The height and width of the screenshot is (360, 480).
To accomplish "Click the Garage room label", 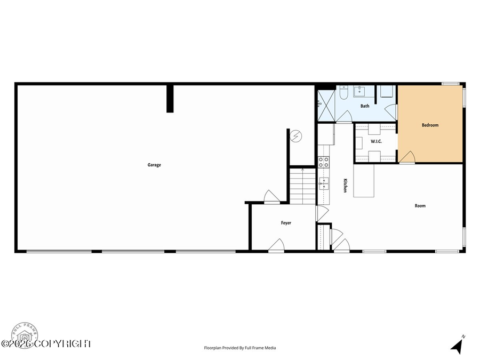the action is [x=154, y=165].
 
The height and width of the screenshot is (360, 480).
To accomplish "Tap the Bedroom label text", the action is [x=430, y=125].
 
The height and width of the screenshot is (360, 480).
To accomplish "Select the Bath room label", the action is [x=365, y=106].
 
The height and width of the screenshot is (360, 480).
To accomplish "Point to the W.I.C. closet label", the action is [x=376, y=141].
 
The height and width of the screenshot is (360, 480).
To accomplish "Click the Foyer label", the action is [x=286, y=223].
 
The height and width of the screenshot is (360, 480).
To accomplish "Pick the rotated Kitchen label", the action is [x=345, y=186].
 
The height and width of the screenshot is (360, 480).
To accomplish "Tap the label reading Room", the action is [x=420, y=206].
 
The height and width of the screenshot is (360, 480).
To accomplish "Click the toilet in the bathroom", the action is [x=343, y=93].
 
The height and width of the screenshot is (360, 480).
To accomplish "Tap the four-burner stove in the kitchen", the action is [x=324, y=162].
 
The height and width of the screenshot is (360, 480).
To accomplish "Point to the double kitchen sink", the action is [x=324, y=183].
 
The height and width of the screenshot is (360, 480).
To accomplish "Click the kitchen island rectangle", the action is [x=364, y=181].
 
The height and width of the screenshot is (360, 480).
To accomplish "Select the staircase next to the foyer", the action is [x=302, y=186].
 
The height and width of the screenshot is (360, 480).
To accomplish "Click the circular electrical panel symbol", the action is [x=296, y=136].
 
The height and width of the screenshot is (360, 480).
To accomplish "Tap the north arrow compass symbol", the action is [x=458, y=345].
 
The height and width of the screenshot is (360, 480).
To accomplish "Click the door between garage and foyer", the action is [x=271, y=197].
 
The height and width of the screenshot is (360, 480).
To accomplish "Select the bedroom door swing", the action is [x=407, y=157].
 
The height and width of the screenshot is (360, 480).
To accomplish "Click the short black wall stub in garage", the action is [x=170, y=99].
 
